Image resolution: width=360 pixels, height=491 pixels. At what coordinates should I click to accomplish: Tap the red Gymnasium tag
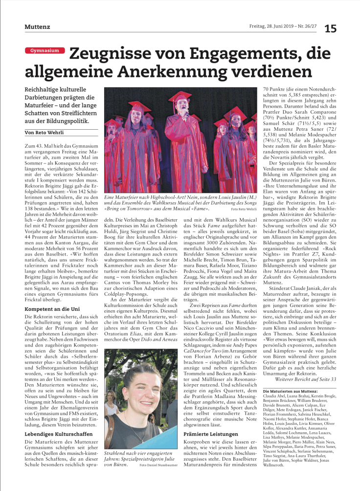(45, 51)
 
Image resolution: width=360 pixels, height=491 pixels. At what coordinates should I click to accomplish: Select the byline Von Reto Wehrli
(44, 133)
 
